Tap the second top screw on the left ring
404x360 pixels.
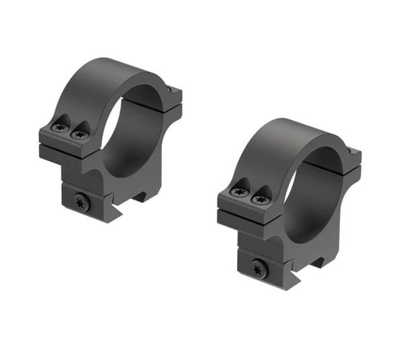click(x=80, y=133)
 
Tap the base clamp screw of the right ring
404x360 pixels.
click(x=260, y=268)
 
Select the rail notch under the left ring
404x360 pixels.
click(x=141, y=196)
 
